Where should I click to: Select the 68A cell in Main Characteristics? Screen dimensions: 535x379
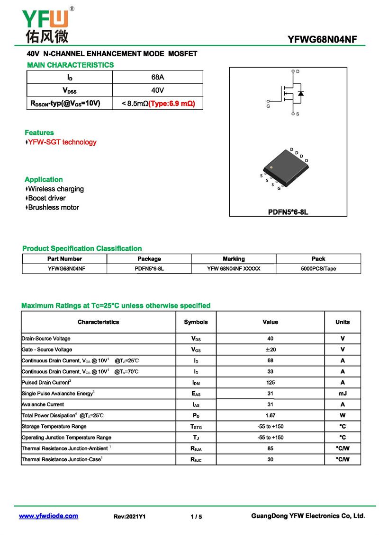click(x=157, y=77)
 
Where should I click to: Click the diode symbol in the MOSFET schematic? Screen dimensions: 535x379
click(x=301, y=93)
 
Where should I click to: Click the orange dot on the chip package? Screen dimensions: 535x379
click(x=271, y=167)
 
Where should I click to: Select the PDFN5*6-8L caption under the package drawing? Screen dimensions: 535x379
click(x=288, y=212)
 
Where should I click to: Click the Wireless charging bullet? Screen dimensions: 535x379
click(x=55, y=189)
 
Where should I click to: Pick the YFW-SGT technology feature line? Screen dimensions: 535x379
click(x=62, y=142)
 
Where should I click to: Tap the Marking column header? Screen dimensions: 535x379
click(x=234, y=259)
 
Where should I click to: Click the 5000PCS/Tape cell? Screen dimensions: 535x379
click(x=318, y=269)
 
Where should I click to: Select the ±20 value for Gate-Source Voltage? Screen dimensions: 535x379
click(x=270, y=350)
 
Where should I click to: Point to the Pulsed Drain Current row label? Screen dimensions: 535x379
click(x=46, y=382)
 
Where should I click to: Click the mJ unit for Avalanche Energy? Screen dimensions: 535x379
click(x=343, y=394)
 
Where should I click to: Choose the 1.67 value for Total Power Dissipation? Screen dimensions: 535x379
click(x=270, y=415)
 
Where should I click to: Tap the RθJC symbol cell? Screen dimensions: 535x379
click(x=196, y=459)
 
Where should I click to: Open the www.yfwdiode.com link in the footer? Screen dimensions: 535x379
click(x=48, y=516)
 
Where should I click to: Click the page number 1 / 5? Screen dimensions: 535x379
click(x=196, y=517)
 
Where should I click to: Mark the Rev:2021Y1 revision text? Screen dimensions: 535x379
click(x=129, y=517)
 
